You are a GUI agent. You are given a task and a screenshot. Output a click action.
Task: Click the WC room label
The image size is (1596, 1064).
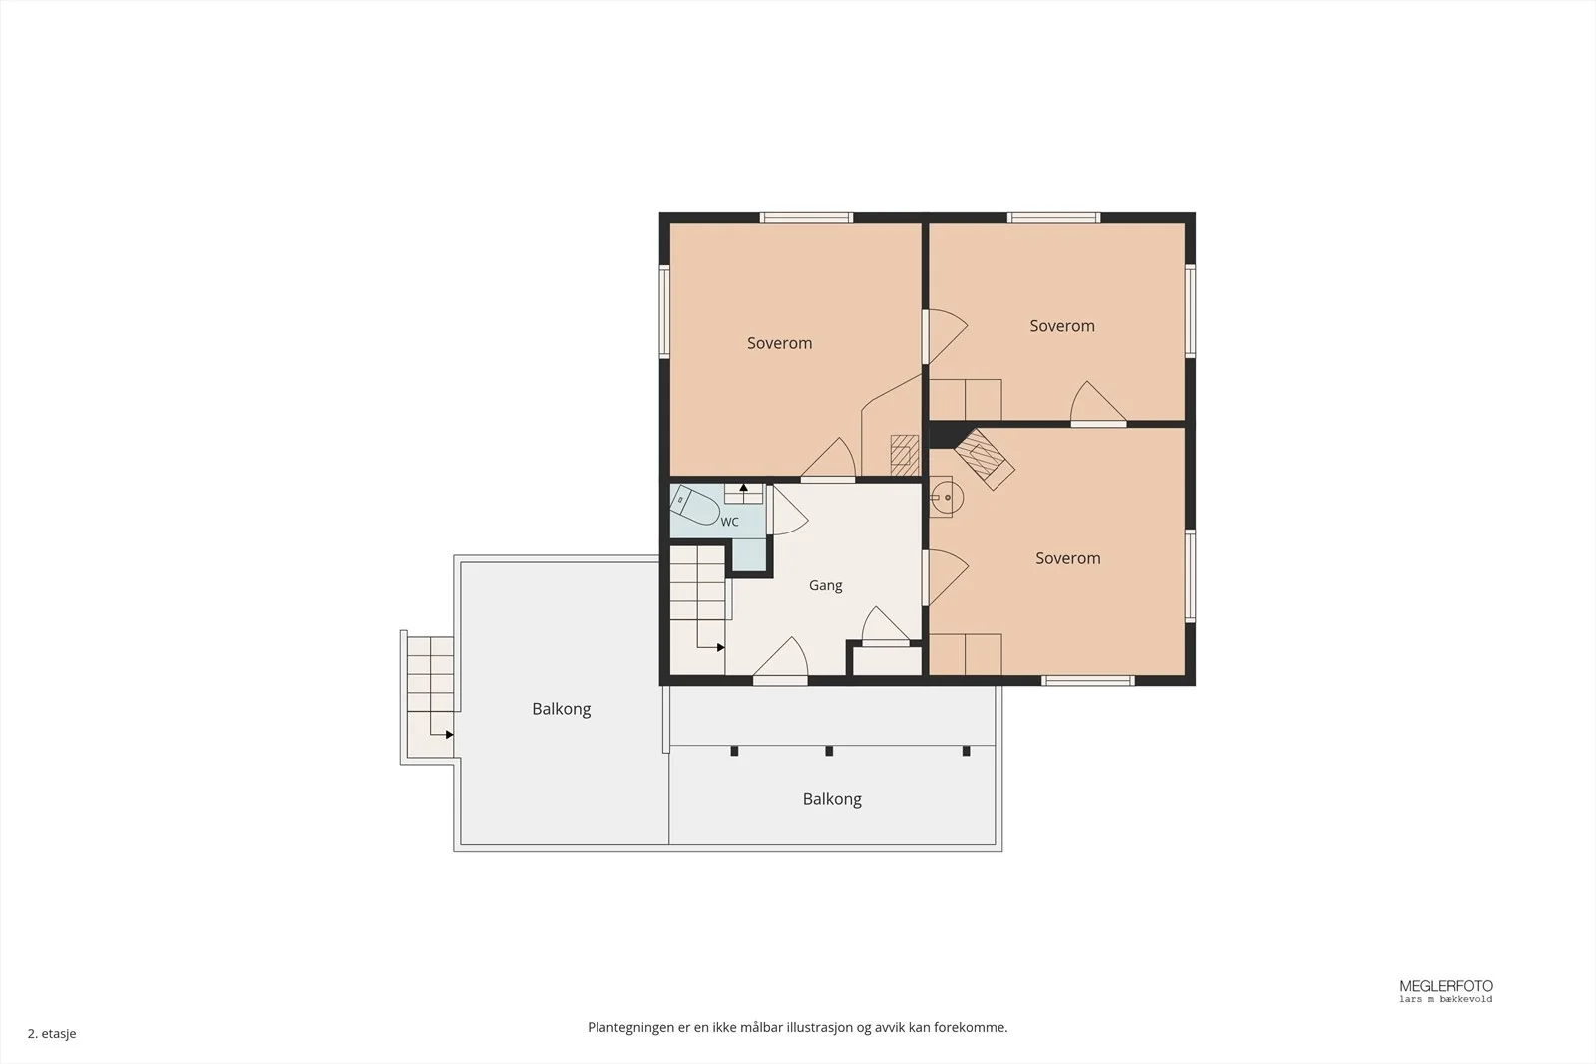pyautogui.click(x=729, y=523)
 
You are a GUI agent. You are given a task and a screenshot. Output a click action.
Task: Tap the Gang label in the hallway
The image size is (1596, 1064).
pyautogui.click(x=826, y=586)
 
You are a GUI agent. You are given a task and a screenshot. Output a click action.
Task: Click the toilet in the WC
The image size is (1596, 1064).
pyautogui.click(x=693, y=505)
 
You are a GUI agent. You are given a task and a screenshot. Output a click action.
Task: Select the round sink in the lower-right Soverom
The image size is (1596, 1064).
pyautogui.click(x=947, y=497)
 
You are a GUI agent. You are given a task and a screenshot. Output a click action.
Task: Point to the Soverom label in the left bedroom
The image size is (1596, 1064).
pyautogui.click(x=779, y=343)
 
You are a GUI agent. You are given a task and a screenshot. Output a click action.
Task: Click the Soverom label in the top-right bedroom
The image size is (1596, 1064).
pyautogui.click(x=1062, y=326)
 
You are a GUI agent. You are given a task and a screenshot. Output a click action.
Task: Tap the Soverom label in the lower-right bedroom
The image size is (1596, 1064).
pyautogui.click(x=1068, y=558)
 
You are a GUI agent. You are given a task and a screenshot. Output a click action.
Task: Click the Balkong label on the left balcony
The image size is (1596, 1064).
pyautogui.click(x=562, y=709)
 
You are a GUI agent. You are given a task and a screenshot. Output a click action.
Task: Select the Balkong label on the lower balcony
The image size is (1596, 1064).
pyautogui.click(x=832, y=799)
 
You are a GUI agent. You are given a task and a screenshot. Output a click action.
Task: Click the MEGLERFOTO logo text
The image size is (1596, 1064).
pyautogui.click(x=1446, y=986)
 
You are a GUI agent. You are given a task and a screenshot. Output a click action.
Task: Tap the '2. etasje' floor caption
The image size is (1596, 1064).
pyautogui.click(x=52, y=1033)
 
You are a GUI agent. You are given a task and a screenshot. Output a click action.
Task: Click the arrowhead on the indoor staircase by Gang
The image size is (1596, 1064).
pyautogui.click(x=721, y=647)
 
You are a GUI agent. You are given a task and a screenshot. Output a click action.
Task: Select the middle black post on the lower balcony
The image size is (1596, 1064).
pyautogui.click(x=829, y=751)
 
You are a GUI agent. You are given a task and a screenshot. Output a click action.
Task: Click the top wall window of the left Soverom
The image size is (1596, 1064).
pyautogui.click(x=807, y=218)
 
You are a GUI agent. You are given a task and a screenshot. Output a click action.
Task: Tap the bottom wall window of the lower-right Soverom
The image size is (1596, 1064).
pyautogui.click(x=1087, y=681)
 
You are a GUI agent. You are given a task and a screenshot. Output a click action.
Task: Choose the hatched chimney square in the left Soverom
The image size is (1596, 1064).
pyautogui.click(x=905, y=455)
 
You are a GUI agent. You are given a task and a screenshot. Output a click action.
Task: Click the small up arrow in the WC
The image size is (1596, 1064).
pyautogui.click(x=744, y=488)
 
